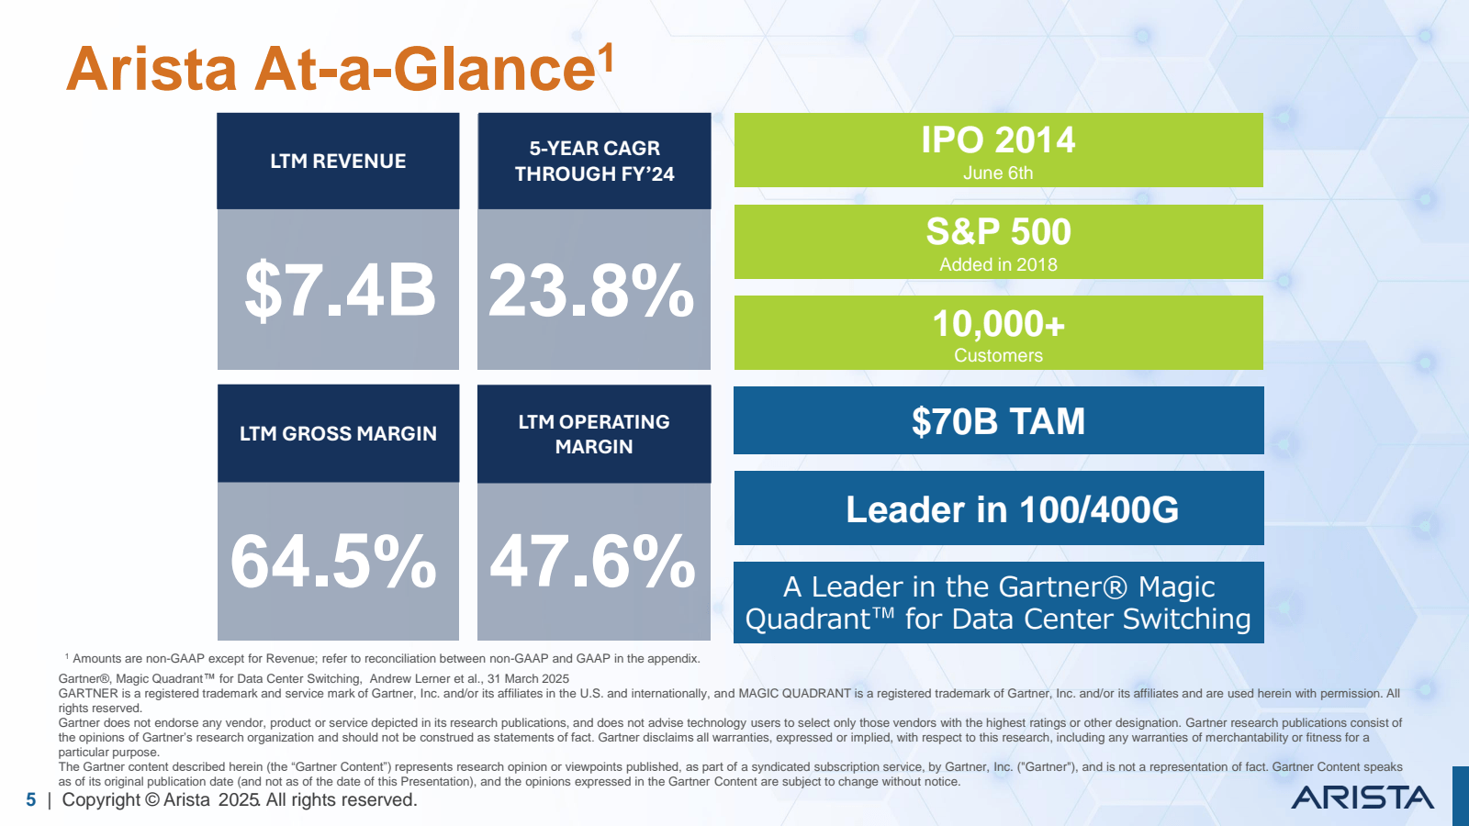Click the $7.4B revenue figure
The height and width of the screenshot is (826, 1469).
click(x=339, y=291)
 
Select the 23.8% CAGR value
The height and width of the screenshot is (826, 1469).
click(x=592, y=291)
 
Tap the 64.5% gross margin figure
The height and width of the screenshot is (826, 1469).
click(x=333, y=562)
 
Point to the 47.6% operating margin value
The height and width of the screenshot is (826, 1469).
click(x=593, y=562)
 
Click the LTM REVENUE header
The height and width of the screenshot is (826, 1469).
click(x=338, y=162)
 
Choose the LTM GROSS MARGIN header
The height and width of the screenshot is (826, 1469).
click(x=338, y=434)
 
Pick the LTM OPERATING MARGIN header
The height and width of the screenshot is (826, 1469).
click(x=594, y=434)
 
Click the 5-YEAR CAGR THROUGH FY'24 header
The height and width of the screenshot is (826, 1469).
click(x=594, y=162)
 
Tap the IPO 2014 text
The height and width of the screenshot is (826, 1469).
click(x=998, y=140)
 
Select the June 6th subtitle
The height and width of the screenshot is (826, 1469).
click(x=998, y=173)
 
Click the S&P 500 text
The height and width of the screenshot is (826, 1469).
click(x=998, y=232)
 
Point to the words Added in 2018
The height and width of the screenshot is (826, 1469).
click(x=998, y=265)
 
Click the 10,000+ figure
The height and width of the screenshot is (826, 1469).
click(x=998, y=324)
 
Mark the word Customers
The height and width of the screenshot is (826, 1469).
click(x=998, y=356)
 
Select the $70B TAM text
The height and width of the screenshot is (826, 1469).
click(x=998, y=422)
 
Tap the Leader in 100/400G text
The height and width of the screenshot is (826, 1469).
click(x=1012, y=510)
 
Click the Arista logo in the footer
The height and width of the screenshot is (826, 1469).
click(x=1362, y=798)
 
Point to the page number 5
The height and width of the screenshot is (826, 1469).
click(x=31, y=800)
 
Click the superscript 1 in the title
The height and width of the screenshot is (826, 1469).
click(x=606, y=59)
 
